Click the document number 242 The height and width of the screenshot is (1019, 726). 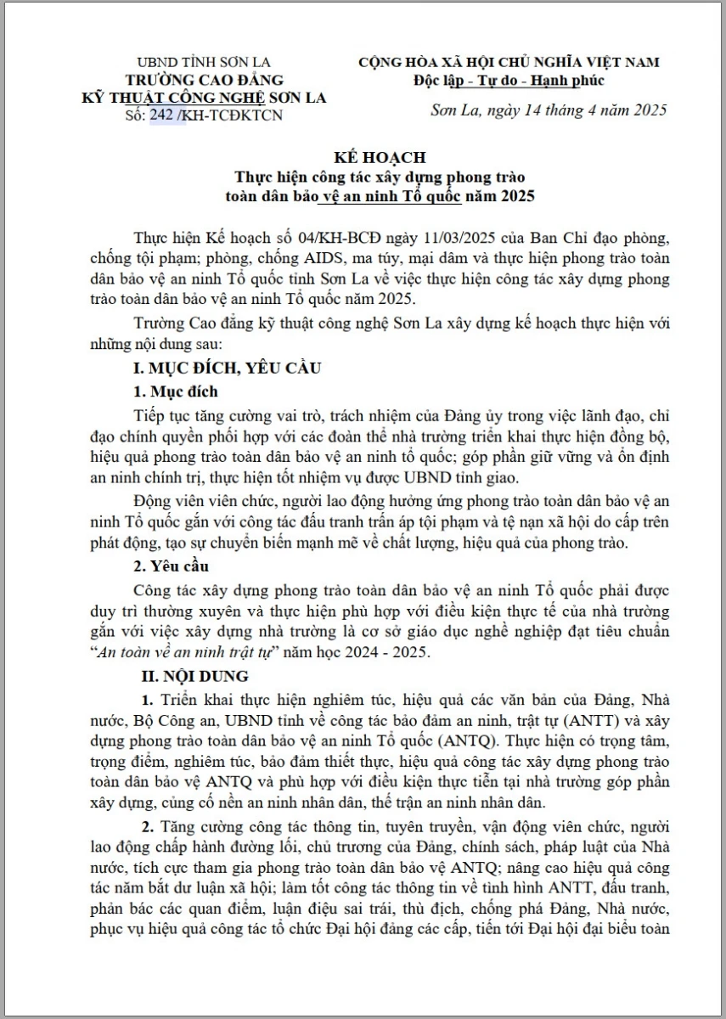point(166,115)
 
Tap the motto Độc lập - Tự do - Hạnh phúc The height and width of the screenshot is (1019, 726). point(509,81)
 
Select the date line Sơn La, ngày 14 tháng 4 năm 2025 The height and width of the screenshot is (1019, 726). point(549,110)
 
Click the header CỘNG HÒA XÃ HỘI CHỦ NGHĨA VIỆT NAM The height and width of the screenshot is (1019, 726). point(509,62)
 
